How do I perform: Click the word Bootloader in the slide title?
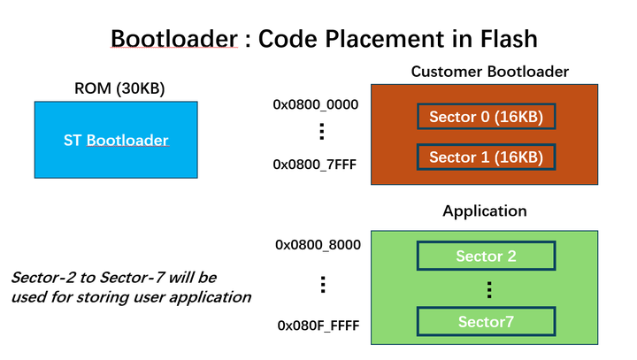click(x=175, y=39)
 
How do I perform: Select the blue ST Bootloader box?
click(x=116, y=140)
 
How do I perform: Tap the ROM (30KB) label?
click(x=115, y=88)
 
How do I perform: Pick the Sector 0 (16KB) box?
click(x=486, y=117)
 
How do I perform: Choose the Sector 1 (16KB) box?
click(x=486, y=157)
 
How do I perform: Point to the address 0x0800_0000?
click(x=316, y=104)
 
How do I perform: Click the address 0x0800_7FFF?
click(x=315, y=164)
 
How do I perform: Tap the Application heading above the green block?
click(x=484, y=211)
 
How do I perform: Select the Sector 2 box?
click(x=486, y=257)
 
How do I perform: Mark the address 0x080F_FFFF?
click(x=318, y=326)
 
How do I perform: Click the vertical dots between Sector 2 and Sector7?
click(x=486, y=289)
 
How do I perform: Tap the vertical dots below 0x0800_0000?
click(x=321, y=133)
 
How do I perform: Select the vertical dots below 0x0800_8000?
click(x=323, y=285)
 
